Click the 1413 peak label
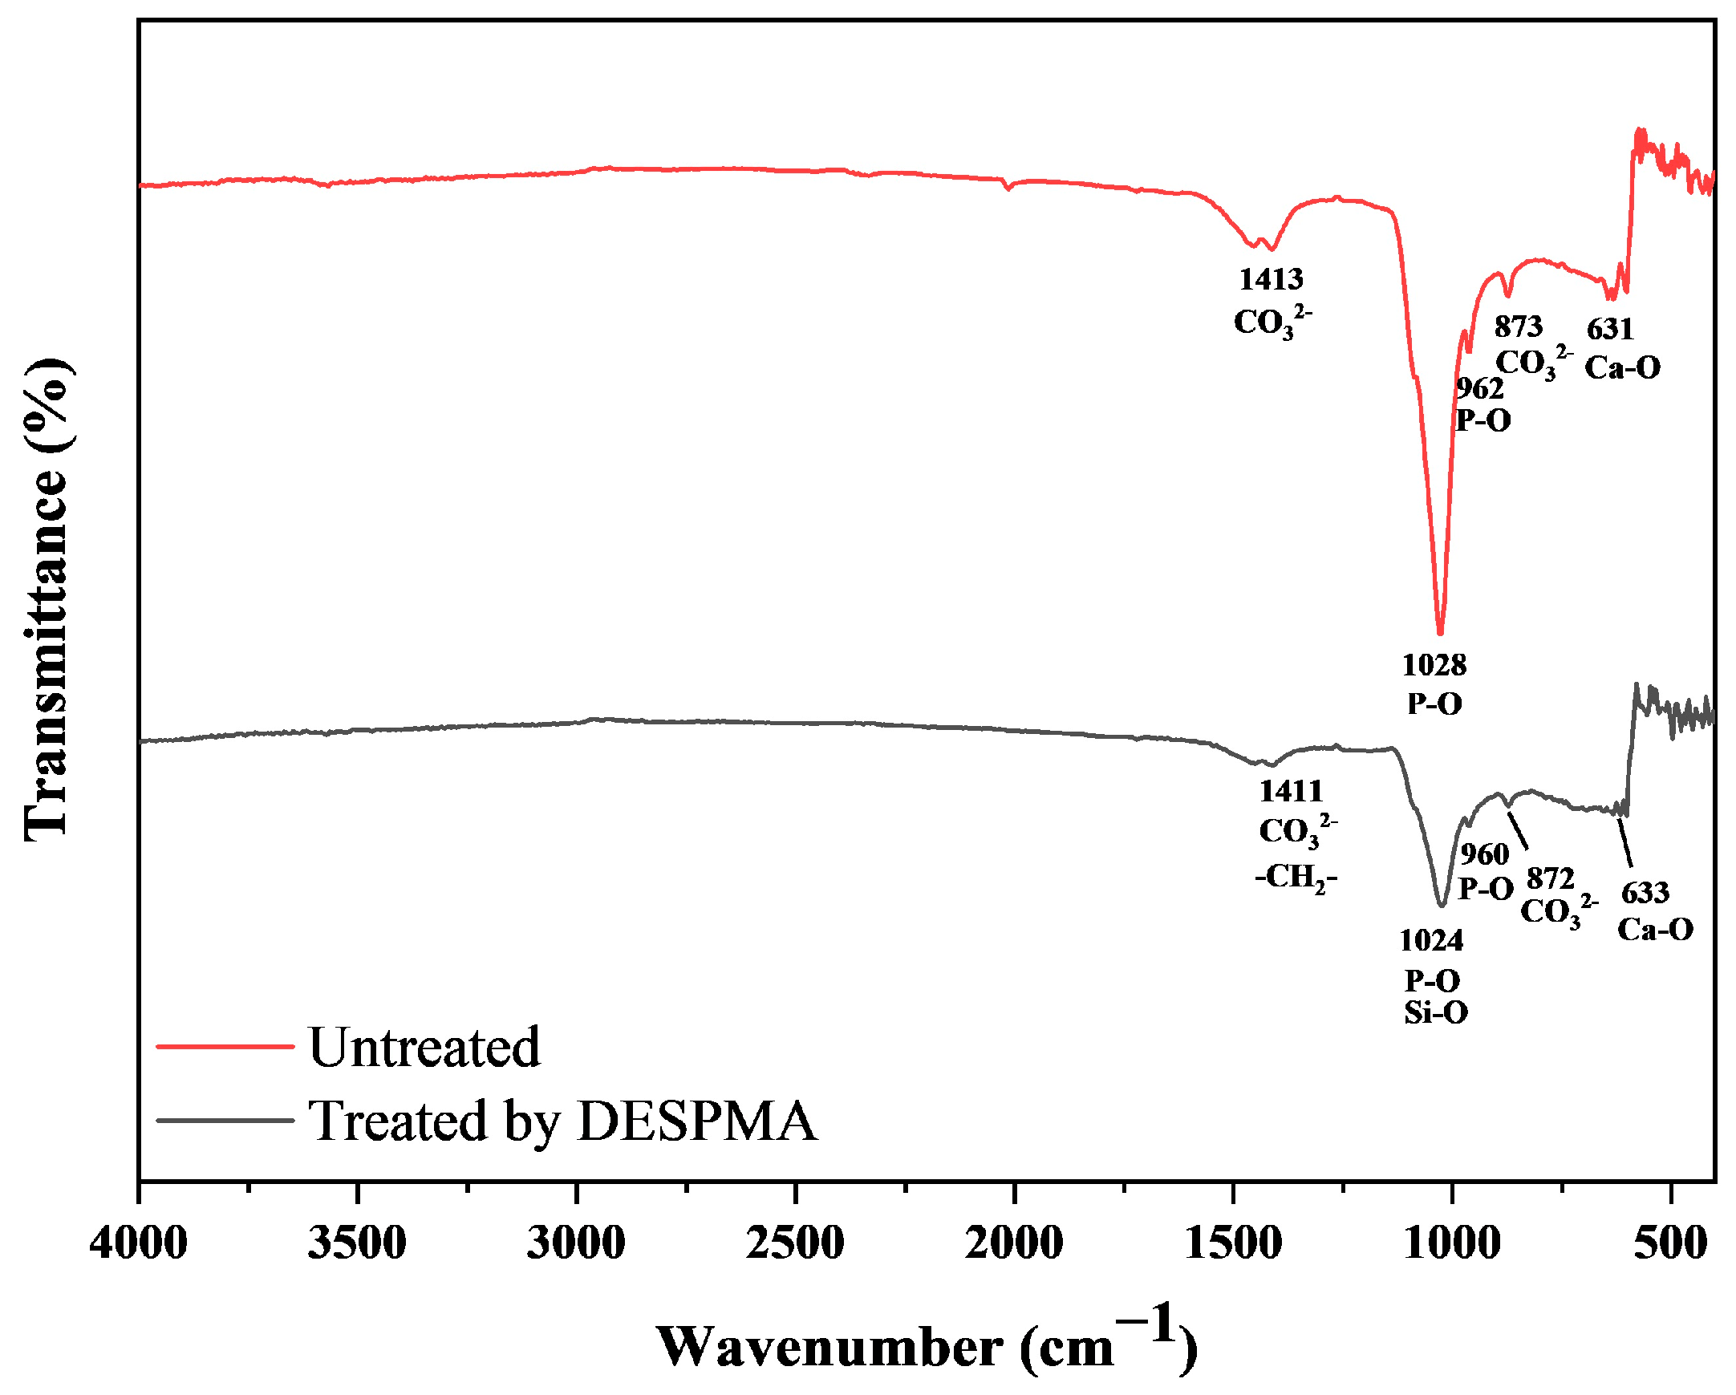click(1271, 279)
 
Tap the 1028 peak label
click(1434, 665)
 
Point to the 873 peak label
click(1519, 326)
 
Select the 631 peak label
click(1610, 329)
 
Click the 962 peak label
click(1480, 389)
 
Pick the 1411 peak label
click(1292, 791)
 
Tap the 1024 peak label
click(1432, 939)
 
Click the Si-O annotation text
click(1436, 1012)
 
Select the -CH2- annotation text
click(1296, 876)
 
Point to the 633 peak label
click(1645, 893)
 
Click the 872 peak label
click(1550, 878)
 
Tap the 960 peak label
click(1485, 854)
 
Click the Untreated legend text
click(424, 1048)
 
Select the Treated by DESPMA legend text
click(563, 1121)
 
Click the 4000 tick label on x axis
click(139, 1243)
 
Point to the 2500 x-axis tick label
click(795, 1243)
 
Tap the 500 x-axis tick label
click(1671, 1243)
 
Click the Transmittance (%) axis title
click(47, 600)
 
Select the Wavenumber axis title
click(926, 1346)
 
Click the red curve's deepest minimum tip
click(1441, 634)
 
